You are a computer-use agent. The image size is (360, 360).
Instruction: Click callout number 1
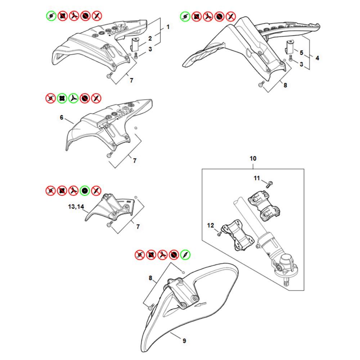[168, 27]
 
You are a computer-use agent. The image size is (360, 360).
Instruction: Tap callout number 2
[150, 39]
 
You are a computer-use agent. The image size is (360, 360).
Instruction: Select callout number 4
[317, 58]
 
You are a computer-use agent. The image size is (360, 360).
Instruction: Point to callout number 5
[301, 53]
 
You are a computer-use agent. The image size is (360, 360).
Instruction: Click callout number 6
[62, 118]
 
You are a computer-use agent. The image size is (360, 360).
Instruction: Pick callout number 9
[184, 341]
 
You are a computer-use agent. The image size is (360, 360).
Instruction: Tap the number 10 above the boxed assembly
[253, 158]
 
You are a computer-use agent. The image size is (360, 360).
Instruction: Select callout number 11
[257, 178]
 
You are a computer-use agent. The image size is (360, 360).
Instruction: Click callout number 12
[211, 225]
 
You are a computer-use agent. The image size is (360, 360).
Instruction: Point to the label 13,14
[76, 207]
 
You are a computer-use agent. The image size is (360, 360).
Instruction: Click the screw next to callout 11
[269, 184]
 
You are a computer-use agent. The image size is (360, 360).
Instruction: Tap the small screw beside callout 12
[219, 234]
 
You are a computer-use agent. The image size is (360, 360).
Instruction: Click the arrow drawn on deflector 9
[200, 305]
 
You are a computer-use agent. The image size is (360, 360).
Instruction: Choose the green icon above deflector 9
[185, 255]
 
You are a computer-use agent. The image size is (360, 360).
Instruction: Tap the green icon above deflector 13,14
[85, 190]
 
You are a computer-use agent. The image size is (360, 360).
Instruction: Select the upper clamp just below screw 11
[264, 205]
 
